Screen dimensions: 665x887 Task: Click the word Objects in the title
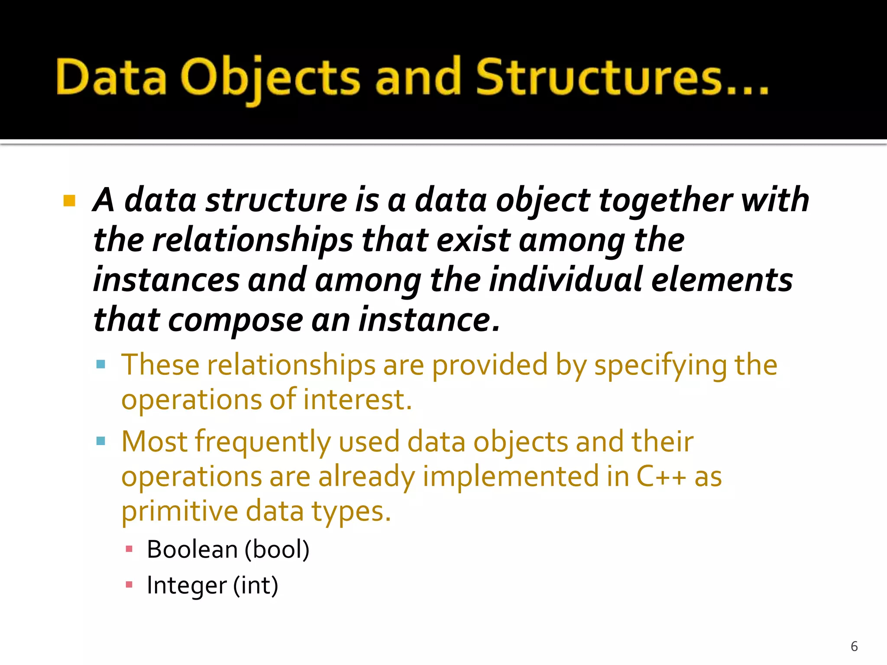pos(270,78)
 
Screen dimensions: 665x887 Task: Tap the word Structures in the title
pos(599,77)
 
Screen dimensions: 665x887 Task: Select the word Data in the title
pos(111,78)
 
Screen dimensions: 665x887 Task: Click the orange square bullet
pos(69,201)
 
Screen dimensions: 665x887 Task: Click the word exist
pos(473,241)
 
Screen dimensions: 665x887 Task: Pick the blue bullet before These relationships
pos(101,364)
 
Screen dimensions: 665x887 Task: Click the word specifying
pos(660,366)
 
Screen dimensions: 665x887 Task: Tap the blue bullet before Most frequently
pos(101,441)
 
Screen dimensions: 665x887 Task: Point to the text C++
pos(661,477)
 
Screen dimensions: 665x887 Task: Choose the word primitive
pos(179,511)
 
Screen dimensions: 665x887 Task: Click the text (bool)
pos(277,550)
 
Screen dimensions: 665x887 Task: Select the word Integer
pos(186,586)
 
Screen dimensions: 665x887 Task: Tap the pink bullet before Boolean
pos(129,549)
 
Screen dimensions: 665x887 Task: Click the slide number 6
pos(854,646)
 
